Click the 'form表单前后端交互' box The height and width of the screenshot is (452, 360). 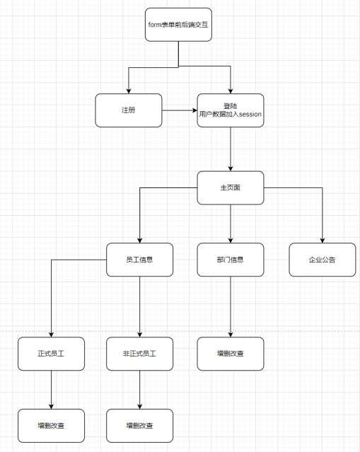[178, 25]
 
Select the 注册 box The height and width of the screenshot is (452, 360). [129, 110]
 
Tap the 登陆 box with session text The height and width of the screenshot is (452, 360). [231, 110]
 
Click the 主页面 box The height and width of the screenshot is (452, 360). [231, 187]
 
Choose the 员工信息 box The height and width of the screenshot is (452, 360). [140, 260]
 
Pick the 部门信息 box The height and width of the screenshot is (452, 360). [231, 260]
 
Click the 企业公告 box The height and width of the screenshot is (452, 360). [323, 260]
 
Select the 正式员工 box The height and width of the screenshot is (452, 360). [52, 354]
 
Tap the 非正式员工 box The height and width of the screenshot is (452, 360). [140, 354]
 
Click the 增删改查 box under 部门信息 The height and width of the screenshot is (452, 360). [231, 354]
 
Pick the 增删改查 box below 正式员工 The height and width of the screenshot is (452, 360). [52, 426]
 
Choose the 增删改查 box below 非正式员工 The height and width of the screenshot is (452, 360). [140, 426]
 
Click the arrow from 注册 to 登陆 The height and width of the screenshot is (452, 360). [180, 110]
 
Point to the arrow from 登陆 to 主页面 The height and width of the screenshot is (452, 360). [231, 149]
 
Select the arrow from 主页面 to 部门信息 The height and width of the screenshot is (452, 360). [231, 224]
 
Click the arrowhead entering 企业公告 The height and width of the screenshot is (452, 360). [323, 241]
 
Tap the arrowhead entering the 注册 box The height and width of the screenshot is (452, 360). [129, 91]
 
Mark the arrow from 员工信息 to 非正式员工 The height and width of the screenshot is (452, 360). [140, 307]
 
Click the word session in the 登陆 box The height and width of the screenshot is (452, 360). [250, 114]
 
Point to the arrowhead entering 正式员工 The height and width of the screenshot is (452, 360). [52, 335]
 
